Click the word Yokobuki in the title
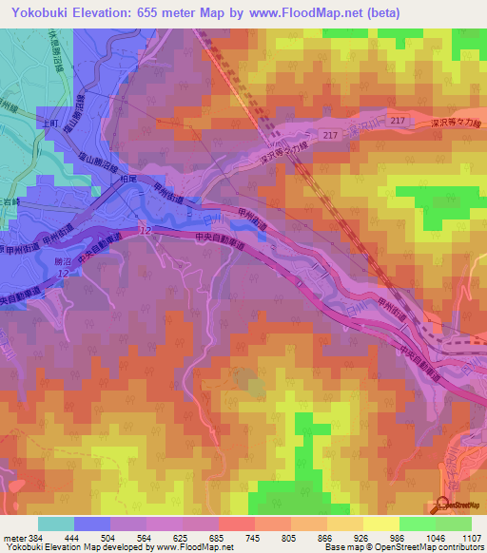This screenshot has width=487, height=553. click(x=40, y=13)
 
